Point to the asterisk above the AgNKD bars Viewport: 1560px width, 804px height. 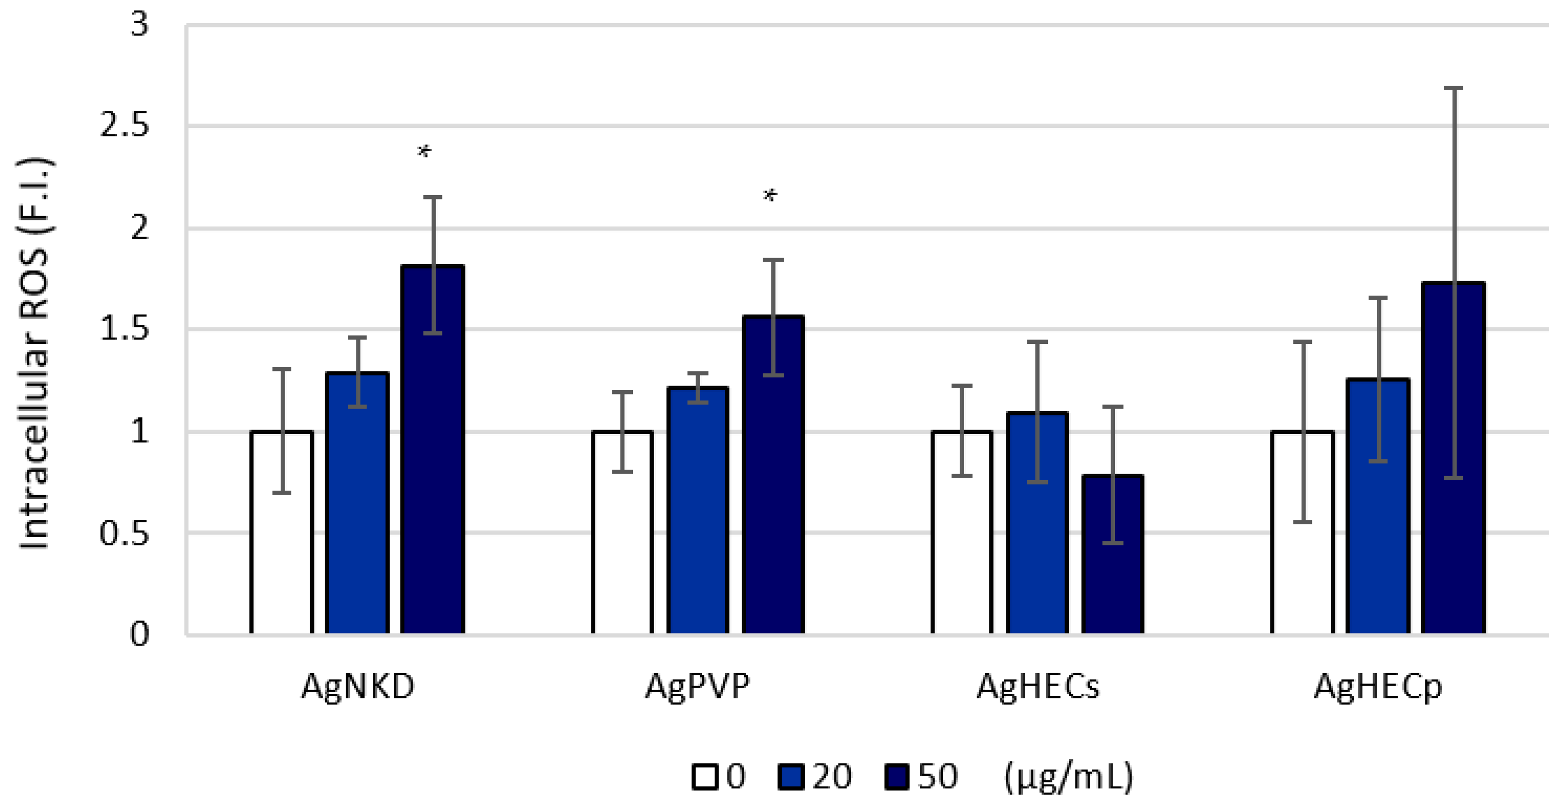(424, 152)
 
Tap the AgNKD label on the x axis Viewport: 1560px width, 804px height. (357, 687)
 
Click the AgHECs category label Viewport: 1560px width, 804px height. (1037, 687)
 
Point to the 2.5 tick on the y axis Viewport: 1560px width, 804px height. (124, 125)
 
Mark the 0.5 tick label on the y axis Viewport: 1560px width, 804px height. (124, 534)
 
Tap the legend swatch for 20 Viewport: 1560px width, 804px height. (790, 777)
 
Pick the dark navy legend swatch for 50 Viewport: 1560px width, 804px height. (897, 777)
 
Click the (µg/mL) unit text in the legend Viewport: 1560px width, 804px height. (1068, 777)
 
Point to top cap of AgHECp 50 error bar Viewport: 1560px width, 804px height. (1453, 88)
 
